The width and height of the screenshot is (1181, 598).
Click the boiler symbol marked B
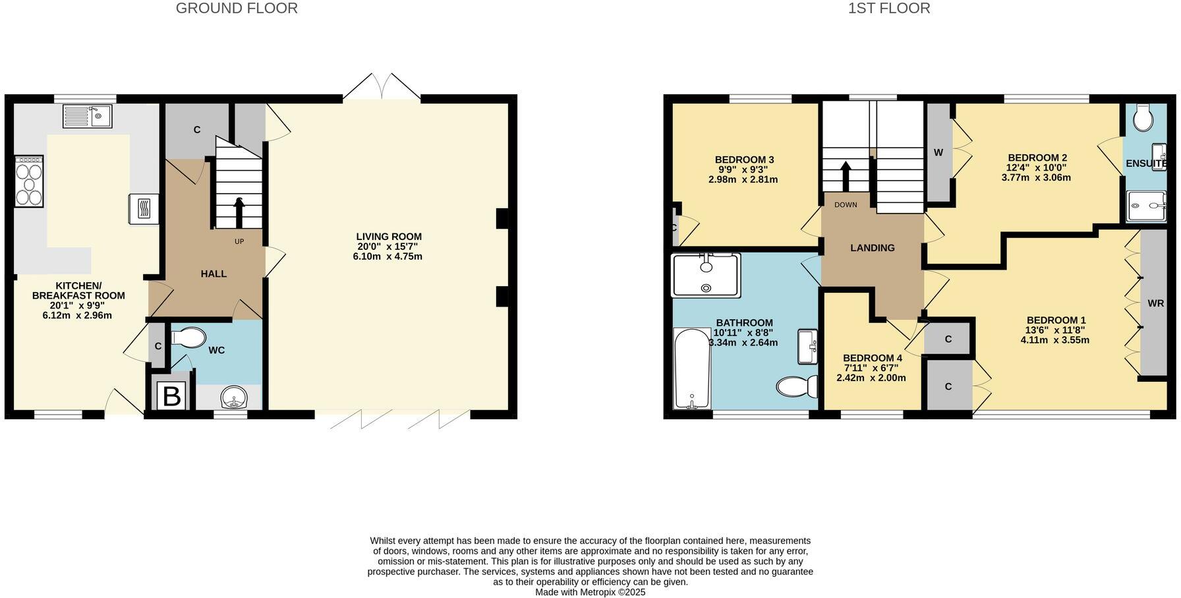tap(171, 397)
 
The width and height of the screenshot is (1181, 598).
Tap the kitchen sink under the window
tap(88, 116)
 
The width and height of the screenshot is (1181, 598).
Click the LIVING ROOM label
tap(388, 237)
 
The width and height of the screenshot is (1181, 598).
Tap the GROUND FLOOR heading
tap(237, 9)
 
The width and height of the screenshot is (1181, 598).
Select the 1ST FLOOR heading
tap(889, 9)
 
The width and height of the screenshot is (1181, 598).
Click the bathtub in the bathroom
tap(692, 369)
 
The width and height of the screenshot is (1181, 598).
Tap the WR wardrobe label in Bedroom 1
tap(1155, 304)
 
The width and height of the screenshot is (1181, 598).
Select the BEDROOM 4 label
tap(872, 358)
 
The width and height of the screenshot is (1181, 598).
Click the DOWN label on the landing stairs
tap(846, 205)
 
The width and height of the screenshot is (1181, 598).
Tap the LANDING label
tap(872, 248)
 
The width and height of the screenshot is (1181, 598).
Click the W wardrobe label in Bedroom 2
tap(938, 153)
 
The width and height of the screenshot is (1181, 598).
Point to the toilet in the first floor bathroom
tap(797, 386)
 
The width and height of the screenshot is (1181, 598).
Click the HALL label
tap(214, 274)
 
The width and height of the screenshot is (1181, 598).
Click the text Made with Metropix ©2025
tap(590, 592)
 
